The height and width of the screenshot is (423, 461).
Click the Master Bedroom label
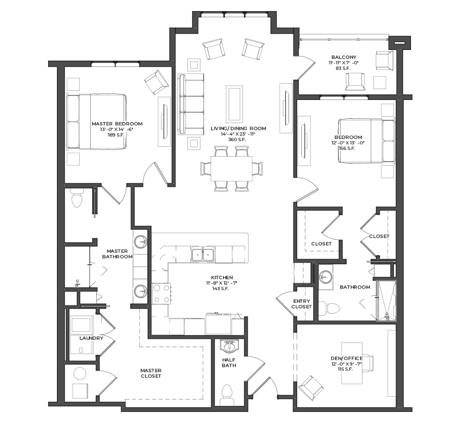[117, 124]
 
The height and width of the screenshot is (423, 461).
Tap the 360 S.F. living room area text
[237, 140]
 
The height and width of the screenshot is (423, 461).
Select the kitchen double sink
[203, 254]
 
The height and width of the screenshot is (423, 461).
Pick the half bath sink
[230, 346]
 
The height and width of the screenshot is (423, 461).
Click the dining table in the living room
[231, 168]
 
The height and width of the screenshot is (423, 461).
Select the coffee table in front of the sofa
[234, 104]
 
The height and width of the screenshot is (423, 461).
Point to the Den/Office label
[347, 358]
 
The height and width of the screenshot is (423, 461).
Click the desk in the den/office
[352, 363]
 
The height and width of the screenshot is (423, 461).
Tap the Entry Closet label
[302, 304]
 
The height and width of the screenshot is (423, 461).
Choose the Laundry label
[91, 338]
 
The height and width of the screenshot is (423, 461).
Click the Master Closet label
[151, 373]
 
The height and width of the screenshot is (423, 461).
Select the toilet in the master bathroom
[77, 198]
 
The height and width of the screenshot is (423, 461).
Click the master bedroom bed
[97, 121]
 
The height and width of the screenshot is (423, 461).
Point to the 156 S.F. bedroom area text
[347, 149]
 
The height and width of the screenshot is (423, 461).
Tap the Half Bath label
[229, 362]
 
